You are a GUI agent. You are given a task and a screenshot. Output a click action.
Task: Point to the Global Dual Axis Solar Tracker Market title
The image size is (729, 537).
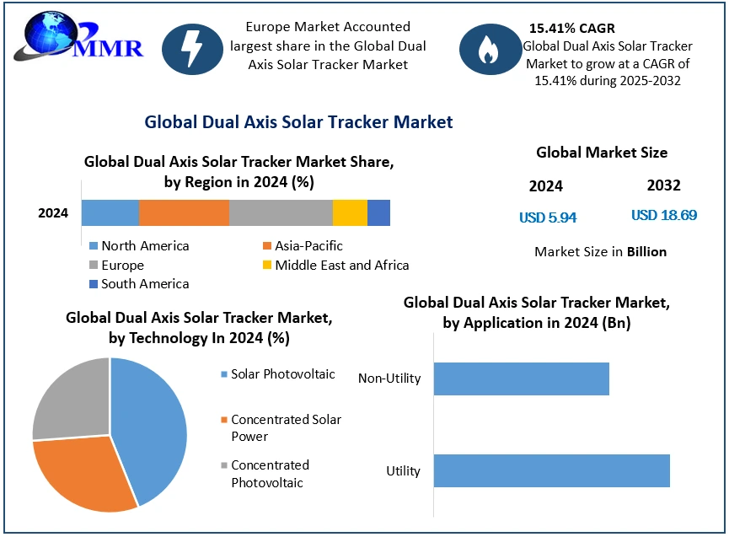(x=298, y=122)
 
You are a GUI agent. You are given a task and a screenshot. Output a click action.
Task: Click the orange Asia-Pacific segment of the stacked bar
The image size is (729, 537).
(x=184, y=212)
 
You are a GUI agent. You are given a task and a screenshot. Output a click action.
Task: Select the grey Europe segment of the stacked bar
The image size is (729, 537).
(x=281, y=212)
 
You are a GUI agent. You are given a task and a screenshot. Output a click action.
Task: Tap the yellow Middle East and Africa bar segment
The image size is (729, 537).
(x=350, y=212)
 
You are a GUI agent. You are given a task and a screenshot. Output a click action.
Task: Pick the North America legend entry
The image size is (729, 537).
(x=138, y=246)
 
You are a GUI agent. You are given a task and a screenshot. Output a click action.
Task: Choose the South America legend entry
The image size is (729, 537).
(x=138, y=284)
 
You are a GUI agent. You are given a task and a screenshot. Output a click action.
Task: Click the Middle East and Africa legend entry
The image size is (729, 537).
(x=335, y=265)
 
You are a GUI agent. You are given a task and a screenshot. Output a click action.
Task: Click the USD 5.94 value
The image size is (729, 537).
(x=548, y=217)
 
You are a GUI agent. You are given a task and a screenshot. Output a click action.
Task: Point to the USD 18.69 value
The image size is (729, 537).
(x=664, y=215)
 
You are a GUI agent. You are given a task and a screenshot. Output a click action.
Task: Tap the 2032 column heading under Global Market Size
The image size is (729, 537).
(x=663, y=185)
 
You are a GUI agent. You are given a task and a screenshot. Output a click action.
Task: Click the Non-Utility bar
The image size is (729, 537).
(x=521, y=379)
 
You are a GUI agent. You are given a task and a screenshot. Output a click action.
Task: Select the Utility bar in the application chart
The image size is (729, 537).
(x=551, y=470)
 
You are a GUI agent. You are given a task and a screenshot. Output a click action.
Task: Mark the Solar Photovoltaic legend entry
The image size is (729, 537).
(x=277, y=374)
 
